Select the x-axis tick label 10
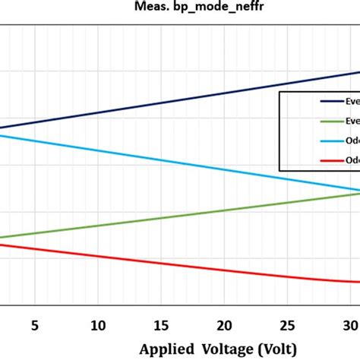click(98, 325)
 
